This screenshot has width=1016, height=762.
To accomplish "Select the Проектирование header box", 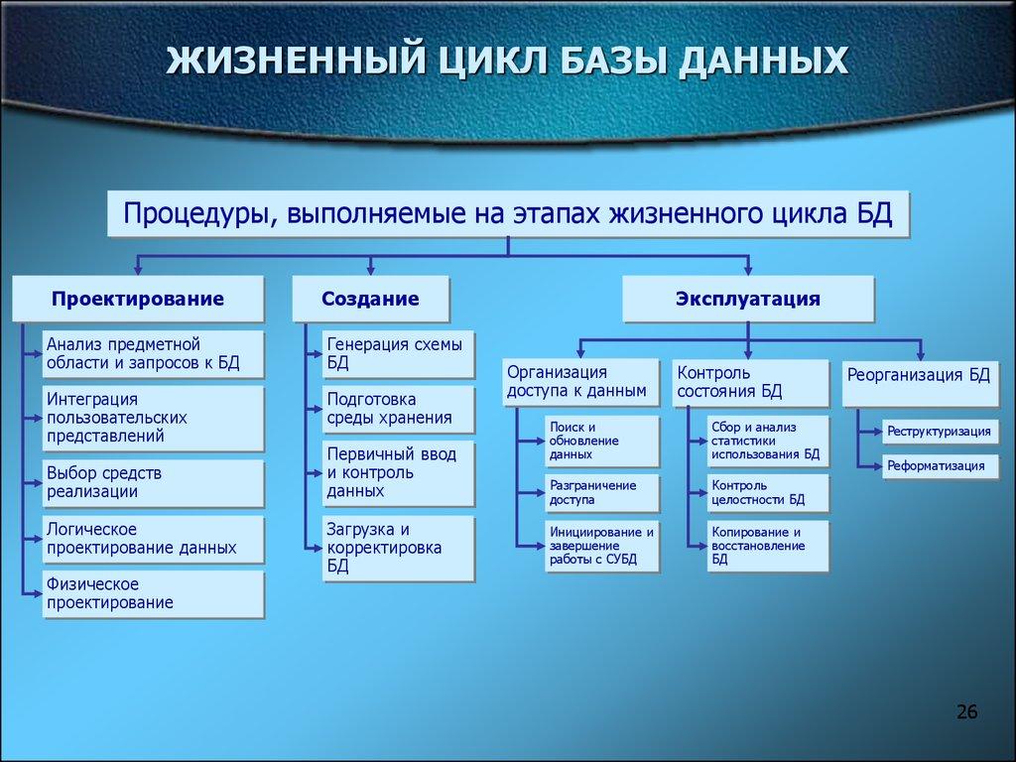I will coord(138,299).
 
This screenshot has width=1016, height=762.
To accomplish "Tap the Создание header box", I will coord(370,299).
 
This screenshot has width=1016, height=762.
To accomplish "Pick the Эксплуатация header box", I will coord(748,299).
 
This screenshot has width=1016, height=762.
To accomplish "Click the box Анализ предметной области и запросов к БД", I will coord(154,354).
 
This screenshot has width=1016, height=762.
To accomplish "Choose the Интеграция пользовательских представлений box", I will coord(154,418).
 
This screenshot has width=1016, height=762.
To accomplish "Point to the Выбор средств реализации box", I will coord(154,482).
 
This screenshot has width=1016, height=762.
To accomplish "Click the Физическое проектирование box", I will coord(154,593).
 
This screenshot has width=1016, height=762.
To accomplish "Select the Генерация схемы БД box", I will coord(398,354).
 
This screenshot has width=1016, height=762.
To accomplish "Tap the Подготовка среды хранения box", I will coord(398,409).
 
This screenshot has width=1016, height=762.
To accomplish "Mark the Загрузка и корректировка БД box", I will coord(398,547).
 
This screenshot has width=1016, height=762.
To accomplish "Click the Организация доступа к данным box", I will coord(580,382).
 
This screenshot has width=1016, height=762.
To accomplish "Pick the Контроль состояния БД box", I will coord(750,382).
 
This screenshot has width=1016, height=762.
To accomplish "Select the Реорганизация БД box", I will coord(921,382).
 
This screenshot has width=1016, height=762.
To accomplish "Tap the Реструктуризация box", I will coord(940,432).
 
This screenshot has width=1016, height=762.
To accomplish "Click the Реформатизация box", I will coord(940,465).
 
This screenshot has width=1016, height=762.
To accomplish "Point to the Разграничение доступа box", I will coord(601,492).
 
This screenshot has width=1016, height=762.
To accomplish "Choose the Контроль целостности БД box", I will coord(767,492).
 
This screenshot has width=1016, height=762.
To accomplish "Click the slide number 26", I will coord(966,711).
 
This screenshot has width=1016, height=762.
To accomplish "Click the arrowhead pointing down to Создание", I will coord(370,268).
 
